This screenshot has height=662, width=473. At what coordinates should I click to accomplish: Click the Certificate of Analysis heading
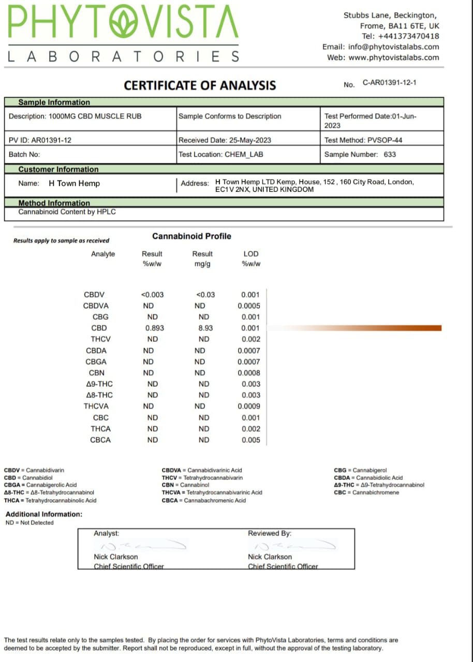tap(200, 85)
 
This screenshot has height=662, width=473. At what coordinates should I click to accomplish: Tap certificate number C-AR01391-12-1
tap(389, 83)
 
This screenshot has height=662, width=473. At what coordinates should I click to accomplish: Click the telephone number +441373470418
tap(408, 36)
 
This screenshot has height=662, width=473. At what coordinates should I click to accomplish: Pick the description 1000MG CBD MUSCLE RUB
tap(95, 116)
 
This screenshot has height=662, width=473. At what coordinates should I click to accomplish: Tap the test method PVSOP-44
tap(383, 140)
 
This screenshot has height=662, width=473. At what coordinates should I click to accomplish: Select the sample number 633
tap(390, 154)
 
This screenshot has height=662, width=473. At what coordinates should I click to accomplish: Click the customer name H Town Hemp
tap(74, 183)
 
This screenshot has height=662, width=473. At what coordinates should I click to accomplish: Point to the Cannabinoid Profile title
tap(191, 236)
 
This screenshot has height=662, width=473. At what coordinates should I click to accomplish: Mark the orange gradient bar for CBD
tap(362, 328)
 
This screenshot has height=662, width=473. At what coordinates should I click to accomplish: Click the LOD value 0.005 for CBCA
tap(251, 440)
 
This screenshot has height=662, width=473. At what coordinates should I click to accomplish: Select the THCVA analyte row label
tap(96, 407)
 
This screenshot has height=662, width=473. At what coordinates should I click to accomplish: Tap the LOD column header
tap(251, 254)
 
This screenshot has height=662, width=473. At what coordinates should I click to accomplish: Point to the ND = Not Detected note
tap(29, 523)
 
